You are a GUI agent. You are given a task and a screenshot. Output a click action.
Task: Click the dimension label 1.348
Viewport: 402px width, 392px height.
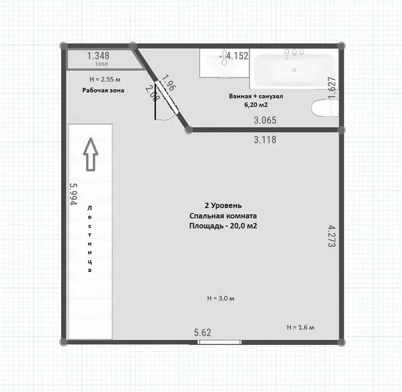pyautogui.click(x=98, y=56)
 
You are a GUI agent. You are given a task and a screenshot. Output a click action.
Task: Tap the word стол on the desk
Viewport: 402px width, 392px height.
pyautogui.click(x=102, y=64)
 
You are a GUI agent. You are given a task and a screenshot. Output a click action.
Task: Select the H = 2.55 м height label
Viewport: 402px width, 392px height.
pyautogui.click(x=105, y=80)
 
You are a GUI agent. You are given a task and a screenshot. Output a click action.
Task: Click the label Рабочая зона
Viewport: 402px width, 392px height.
pyautogui.click(x=103, y=90)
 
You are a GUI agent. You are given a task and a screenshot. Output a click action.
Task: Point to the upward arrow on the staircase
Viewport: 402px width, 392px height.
pyautogui.click(x=91, y=154)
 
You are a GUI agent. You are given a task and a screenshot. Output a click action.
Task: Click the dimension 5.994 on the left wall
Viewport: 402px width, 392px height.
pyautogui.click(x=73, y=194)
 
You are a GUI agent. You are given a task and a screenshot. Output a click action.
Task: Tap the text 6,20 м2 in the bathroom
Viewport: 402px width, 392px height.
pyautogui.click(x=256, y=105)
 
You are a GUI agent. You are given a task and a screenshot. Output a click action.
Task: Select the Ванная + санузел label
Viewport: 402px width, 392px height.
pyautogui.click(x=256, y=96)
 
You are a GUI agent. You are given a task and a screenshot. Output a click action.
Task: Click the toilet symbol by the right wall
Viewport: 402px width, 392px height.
pyautogui.click(x=325, y=108)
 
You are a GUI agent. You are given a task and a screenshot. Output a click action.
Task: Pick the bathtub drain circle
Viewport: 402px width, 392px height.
pyautogui.click(x=294, y=70)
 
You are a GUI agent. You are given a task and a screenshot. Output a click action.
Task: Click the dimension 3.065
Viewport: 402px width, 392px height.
pyautogui.click(x=265, y=120)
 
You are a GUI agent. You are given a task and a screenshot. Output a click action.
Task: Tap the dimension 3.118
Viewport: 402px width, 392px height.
pyautogui.click(x=265, y=140)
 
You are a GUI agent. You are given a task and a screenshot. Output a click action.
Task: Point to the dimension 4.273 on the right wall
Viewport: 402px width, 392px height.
pyautogui.click(x=332, y=236)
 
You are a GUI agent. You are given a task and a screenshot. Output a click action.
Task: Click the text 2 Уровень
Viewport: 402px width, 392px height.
pyautogui.click(x=223, y=206)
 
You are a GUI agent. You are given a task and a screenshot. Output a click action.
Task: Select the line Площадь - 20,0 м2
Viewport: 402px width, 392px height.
pyautogui.click(x=223, y=226)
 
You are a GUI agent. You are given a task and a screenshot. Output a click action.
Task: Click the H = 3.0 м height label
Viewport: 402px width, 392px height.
pyautogui.click(x=220, y=298)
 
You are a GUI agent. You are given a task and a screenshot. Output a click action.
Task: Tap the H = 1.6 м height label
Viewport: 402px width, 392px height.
pyautogui.click(x=300, y=327)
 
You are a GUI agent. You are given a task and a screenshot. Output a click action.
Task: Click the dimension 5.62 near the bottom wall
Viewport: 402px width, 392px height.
pyautogui.click(x=202, y=333)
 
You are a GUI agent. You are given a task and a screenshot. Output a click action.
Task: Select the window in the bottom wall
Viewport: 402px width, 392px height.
pyautogui.click(x=219, y=342)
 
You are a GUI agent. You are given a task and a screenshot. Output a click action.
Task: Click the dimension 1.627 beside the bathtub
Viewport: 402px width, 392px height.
pyautogui.click(x=332, y=88)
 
